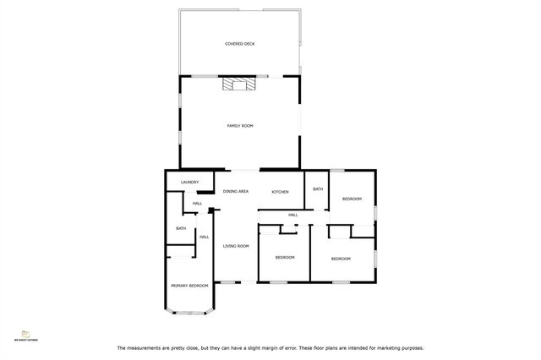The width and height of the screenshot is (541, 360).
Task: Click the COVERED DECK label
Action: tap(240, 43)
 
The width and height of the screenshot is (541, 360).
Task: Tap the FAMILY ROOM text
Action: tap(240, 125)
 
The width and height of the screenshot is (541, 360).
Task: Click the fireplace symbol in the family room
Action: tap(236, 84)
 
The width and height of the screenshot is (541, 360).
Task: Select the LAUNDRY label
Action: tap(189, 182)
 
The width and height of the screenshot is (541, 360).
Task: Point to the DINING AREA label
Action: tap(235, 192)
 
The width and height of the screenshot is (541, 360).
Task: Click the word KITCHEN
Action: tap(280, 192)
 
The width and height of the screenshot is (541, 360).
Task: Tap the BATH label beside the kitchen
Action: tap(318, 188)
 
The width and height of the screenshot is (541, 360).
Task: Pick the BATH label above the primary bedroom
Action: tap(181, 228)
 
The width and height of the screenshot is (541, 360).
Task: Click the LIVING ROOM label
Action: tap(236, 246)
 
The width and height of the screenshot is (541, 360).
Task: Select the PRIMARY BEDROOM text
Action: tap(189, 286)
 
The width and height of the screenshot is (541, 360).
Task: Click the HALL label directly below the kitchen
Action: tap(293, 215)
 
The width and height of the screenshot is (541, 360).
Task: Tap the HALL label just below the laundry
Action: tap(197, 203)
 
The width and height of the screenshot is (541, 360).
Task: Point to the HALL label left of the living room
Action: tap(204, 237)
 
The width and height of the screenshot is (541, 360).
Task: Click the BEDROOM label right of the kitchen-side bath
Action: tap(352, 199)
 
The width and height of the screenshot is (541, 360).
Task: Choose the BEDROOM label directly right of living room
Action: tap(285, 257)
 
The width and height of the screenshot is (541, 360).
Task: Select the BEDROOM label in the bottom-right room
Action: tap(341, 258)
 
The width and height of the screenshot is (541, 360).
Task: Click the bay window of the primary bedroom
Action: tap(189, 314)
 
